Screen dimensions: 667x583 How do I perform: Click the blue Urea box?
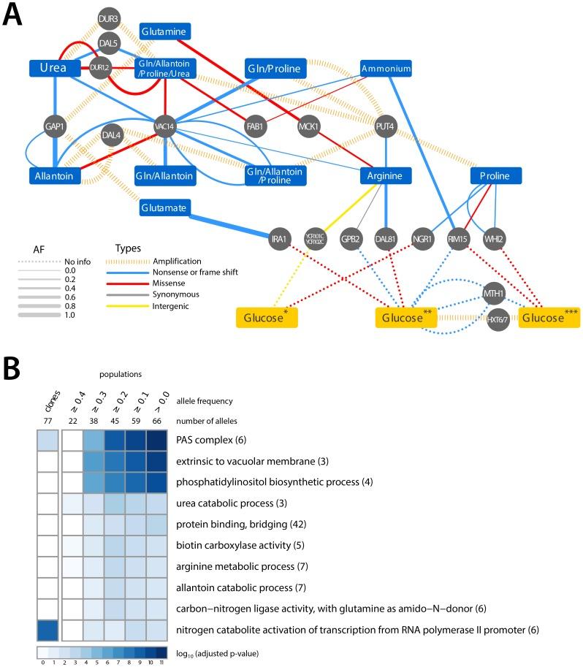53,68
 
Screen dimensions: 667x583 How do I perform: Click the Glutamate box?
164,208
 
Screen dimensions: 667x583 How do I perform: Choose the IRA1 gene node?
278,239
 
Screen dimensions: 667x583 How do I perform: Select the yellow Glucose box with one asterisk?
266,317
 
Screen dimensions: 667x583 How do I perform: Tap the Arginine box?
386,176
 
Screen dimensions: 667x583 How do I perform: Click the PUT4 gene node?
386,126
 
